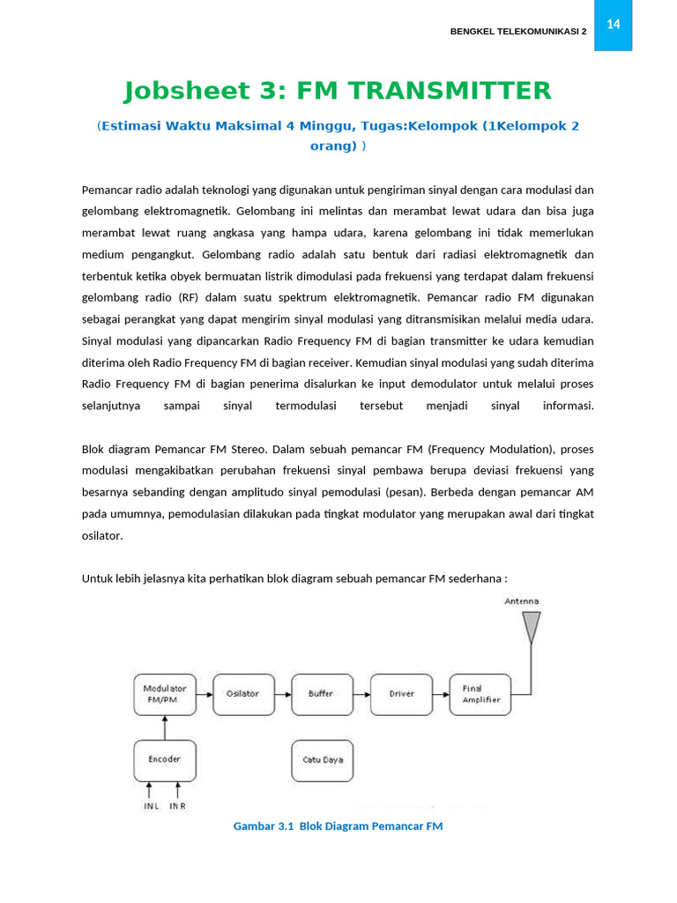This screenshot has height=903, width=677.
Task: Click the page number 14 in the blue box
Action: coord(613,25)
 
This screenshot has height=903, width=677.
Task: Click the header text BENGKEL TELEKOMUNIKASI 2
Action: coord(517,32)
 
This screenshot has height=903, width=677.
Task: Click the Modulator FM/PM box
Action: coord(165,694)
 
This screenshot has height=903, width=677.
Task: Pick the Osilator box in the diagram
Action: coord(243,694)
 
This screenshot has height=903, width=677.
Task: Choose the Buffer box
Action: coord(322,694)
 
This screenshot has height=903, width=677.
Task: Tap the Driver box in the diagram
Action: coord(401,694)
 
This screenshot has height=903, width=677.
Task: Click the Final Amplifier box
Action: coord(480,694)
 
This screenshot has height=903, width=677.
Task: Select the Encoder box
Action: coord(165,759)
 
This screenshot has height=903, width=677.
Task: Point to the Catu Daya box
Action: coord(322,759)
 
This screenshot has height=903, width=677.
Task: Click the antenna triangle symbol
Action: coord(531,627)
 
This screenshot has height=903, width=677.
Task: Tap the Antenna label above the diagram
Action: coord(522,601)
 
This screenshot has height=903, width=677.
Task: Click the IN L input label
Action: coord(151,806)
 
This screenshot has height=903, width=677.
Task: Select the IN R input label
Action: coord(177,806)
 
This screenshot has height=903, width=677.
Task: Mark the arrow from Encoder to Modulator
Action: coord(165,728)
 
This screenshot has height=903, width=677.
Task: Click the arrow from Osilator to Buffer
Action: coord(282,694)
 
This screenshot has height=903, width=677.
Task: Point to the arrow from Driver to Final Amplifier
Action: coord(441,694)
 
